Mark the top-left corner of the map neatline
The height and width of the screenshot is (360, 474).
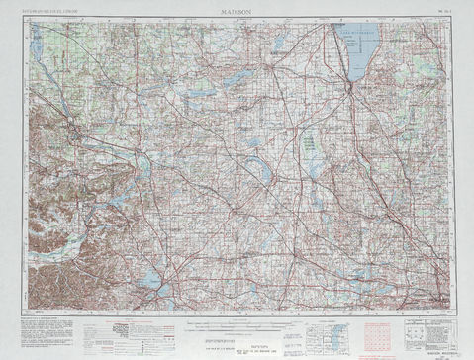(x=27, y=18)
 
